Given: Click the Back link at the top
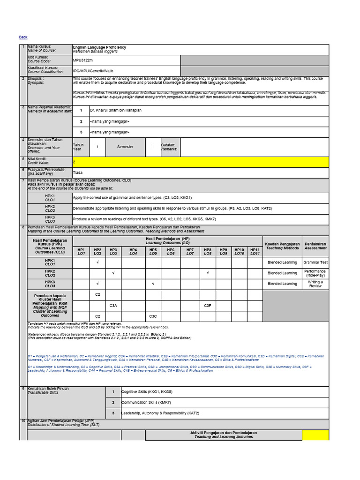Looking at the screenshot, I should pos(23,37).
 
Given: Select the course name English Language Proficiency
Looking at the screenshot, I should pos(99,47).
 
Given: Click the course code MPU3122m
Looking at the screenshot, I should pos(83,60).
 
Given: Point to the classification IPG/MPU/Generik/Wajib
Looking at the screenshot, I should pos(93,71).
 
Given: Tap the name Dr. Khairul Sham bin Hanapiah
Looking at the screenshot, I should pos(115,110).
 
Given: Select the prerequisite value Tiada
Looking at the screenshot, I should pos(78,172).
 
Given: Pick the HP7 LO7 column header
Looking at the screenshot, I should pos(190,252).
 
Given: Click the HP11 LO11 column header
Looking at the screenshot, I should pos(255,252).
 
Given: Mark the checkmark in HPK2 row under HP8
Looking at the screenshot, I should pos(208,273).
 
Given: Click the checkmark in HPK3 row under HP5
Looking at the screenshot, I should pos(153,284).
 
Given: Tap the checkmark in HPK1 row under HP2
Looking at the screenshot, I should pos(97,262).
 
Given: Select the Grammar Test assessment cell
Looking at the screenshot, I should pos(315,262).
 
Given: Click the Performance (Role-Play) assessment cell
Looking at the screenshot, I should pos(315,273).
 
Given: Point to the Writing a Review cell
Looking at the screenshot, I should pos(315,284).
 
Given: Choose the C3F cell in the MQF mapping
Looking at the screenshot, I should pos(208,306).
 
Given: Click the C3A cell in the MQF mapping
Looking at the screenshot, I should pos(113,306).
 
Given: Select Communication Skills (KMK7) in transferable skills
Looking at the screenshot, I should pos(146,402).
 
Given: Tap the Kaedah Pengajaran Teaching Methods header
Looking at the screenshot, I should pos(282,246).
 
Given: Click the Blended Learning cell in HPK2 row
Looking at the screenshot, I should pos(282,273).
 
